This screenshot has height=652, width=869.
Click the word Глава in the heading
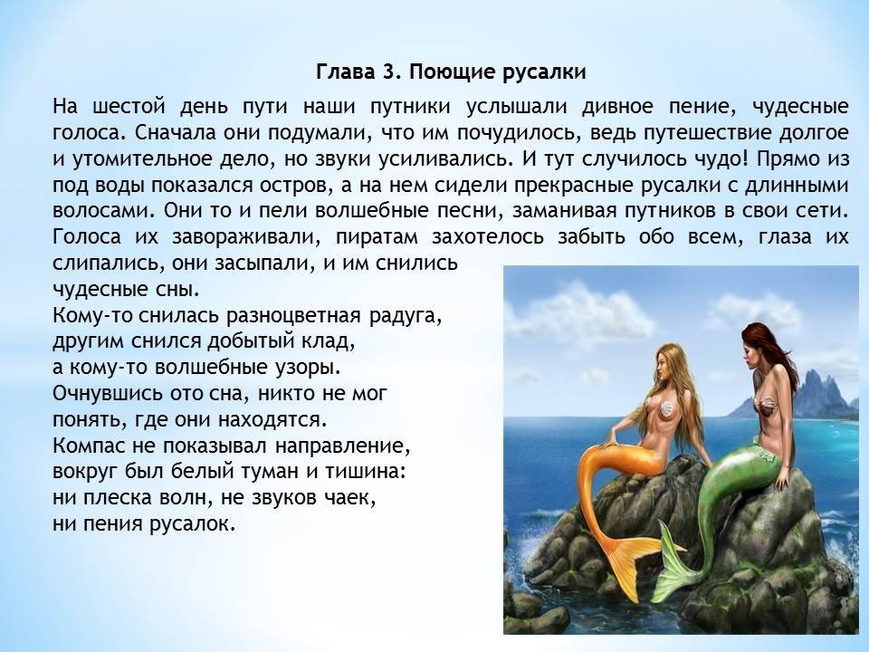point(344,72)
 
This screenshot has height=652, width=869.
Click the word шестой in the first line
point(129,105)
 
